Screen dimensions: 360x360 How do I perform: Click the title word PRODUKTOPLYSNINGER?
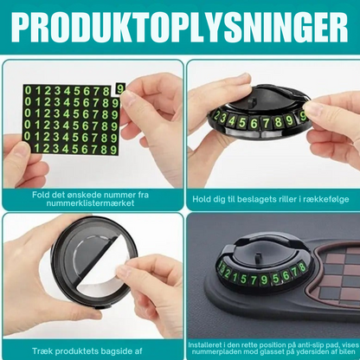(x=180, y=27)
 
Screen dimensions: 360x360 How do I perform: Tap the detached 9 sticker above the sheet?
(x=120, y=88)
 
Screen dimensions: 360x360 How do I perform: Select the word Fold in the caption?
(x=40, y=195)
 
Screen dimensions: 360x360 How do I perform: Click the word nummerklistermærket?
(x=90, y=203)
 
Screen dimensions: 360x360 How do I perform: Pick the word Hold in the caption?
(x=201, y=199)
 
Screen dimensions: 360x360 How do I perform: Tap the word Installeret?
(x=205, y=345)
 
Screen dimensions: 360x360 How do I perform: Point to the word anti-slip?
(x=311, y=345)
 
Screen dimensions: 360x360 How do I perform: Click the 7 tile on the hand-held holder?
(x=266, y=123)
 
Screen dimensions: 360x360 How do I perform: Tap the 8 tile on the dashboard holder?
(x=302, y=267)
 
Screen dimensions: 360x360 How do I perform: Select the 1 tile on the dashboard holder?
(x=235, y=278)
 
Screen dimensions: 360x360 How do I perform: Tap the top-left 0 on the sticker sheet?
(x=28, y=91)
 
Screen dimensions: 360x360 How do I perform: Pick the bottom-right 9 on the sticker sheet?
(x=113, y=150)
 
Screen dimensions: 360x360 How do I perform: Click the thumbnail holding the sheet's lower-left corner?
(x=20, y=150)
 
